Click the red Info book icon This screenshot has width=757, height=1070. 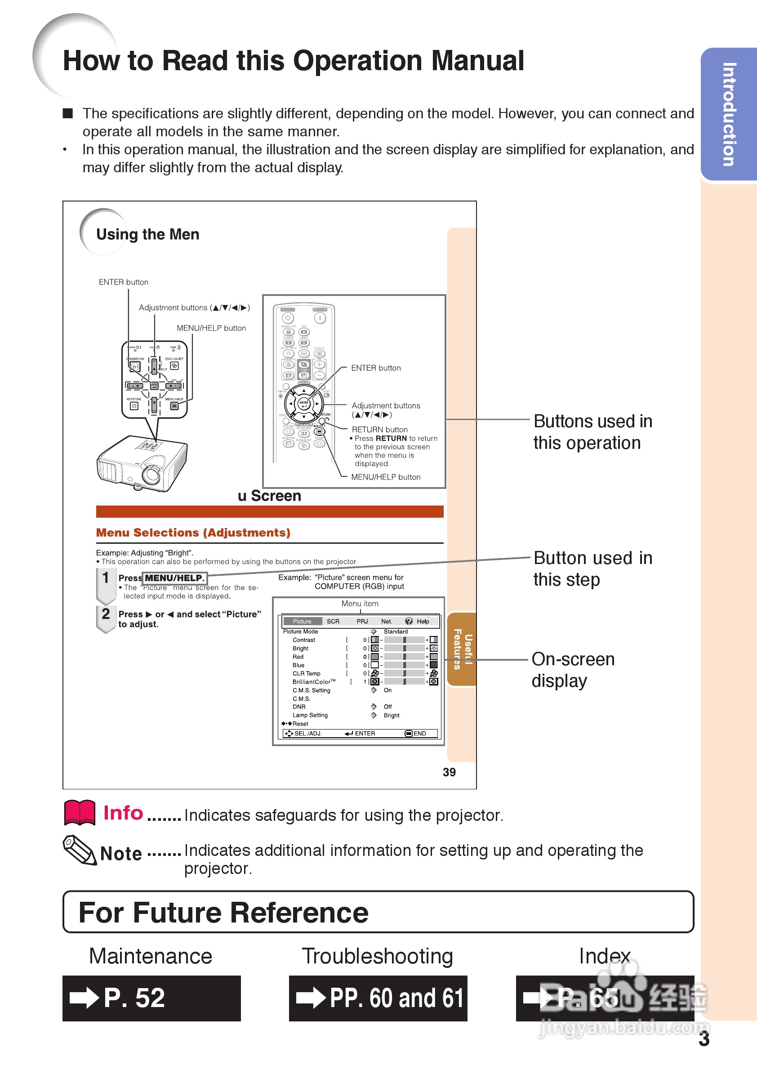coord(79,813)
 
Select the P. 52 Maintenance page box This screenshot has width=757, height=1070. coord(151,998)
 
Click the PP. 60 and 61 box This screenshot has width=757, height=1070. coord(378,998)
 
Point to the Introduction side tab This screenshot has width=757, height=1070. coord(729,114)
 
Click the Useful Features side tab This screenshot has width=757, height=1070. coord(462,649)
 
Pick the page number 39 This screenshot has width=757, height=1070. coord(449,772)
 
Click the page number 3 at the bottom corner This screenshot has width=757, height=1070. coord(704,1039)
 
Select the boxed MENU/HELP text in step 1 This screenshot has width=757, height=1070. coord(174,578)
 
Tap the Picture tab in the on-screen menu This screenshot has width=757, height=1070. coord(302,621)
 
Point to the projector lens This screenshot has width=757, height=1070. coord(151,475)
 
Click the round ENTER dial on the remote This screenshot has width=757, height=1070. coord(304,403)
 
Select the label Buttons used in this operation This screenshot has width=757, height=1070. coord(592,432)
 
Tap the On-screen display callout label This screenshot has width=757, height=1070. coord(572,670)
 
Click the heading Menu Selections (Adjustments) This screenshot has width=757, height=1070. coord(193,533)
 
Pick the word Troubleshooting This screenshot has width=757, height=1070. coord(377,956)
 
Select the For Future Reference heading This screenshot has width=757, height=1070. coord(223,913)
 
